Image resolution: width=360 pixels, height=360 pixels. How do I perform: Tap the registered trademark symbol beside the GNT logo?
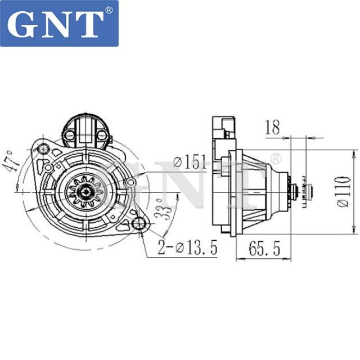[109, 10]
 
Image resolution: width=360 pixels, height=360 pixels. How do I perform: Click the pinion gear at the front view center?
[80, 190]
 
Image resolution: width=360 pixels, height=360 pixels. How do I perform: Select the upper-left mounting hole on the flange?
[43, 148]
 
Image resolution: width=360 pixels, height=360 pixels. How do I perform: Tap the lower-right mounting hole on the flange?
[138, 225]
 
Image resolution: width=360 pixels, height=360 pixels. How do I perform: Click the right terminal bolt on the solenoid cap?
[101, 134]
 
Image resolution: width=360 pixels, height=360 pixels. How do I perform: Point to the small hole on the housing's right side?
[130, 182]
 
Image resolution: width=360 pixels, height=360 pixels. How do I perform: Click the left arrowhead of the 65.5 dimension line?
[236, 259]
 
